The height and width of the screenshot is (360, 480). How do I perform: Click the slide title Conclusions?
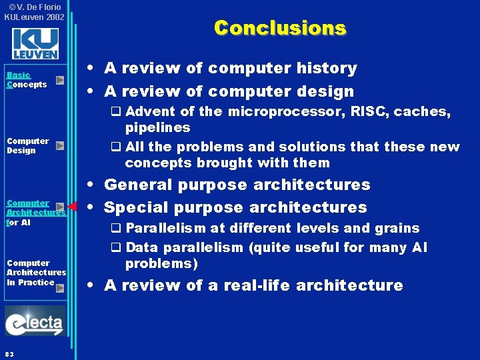click(280, 28)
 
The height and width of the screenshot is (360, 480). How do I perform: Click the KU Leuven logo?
click(35, 43)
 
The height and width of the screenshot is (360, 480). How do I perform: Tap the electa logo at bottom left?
click(35, 324)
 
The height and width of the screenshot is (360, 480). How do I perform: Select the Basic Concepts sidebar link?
click(27, 80)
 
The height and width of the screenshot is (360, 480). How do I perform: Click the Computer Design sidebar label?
click(27, 145)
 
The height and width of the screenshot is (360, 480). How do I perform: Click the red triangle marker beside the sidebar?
click(73, 206)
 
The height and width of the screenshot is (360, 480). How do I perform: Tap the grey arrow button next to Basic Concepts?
click(60, 81)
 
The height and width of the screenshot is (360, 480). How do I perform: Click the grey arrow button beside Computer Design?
click(60, 145)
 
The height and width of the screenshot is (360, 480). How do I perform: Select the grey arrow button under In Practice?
click(60, 288)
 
